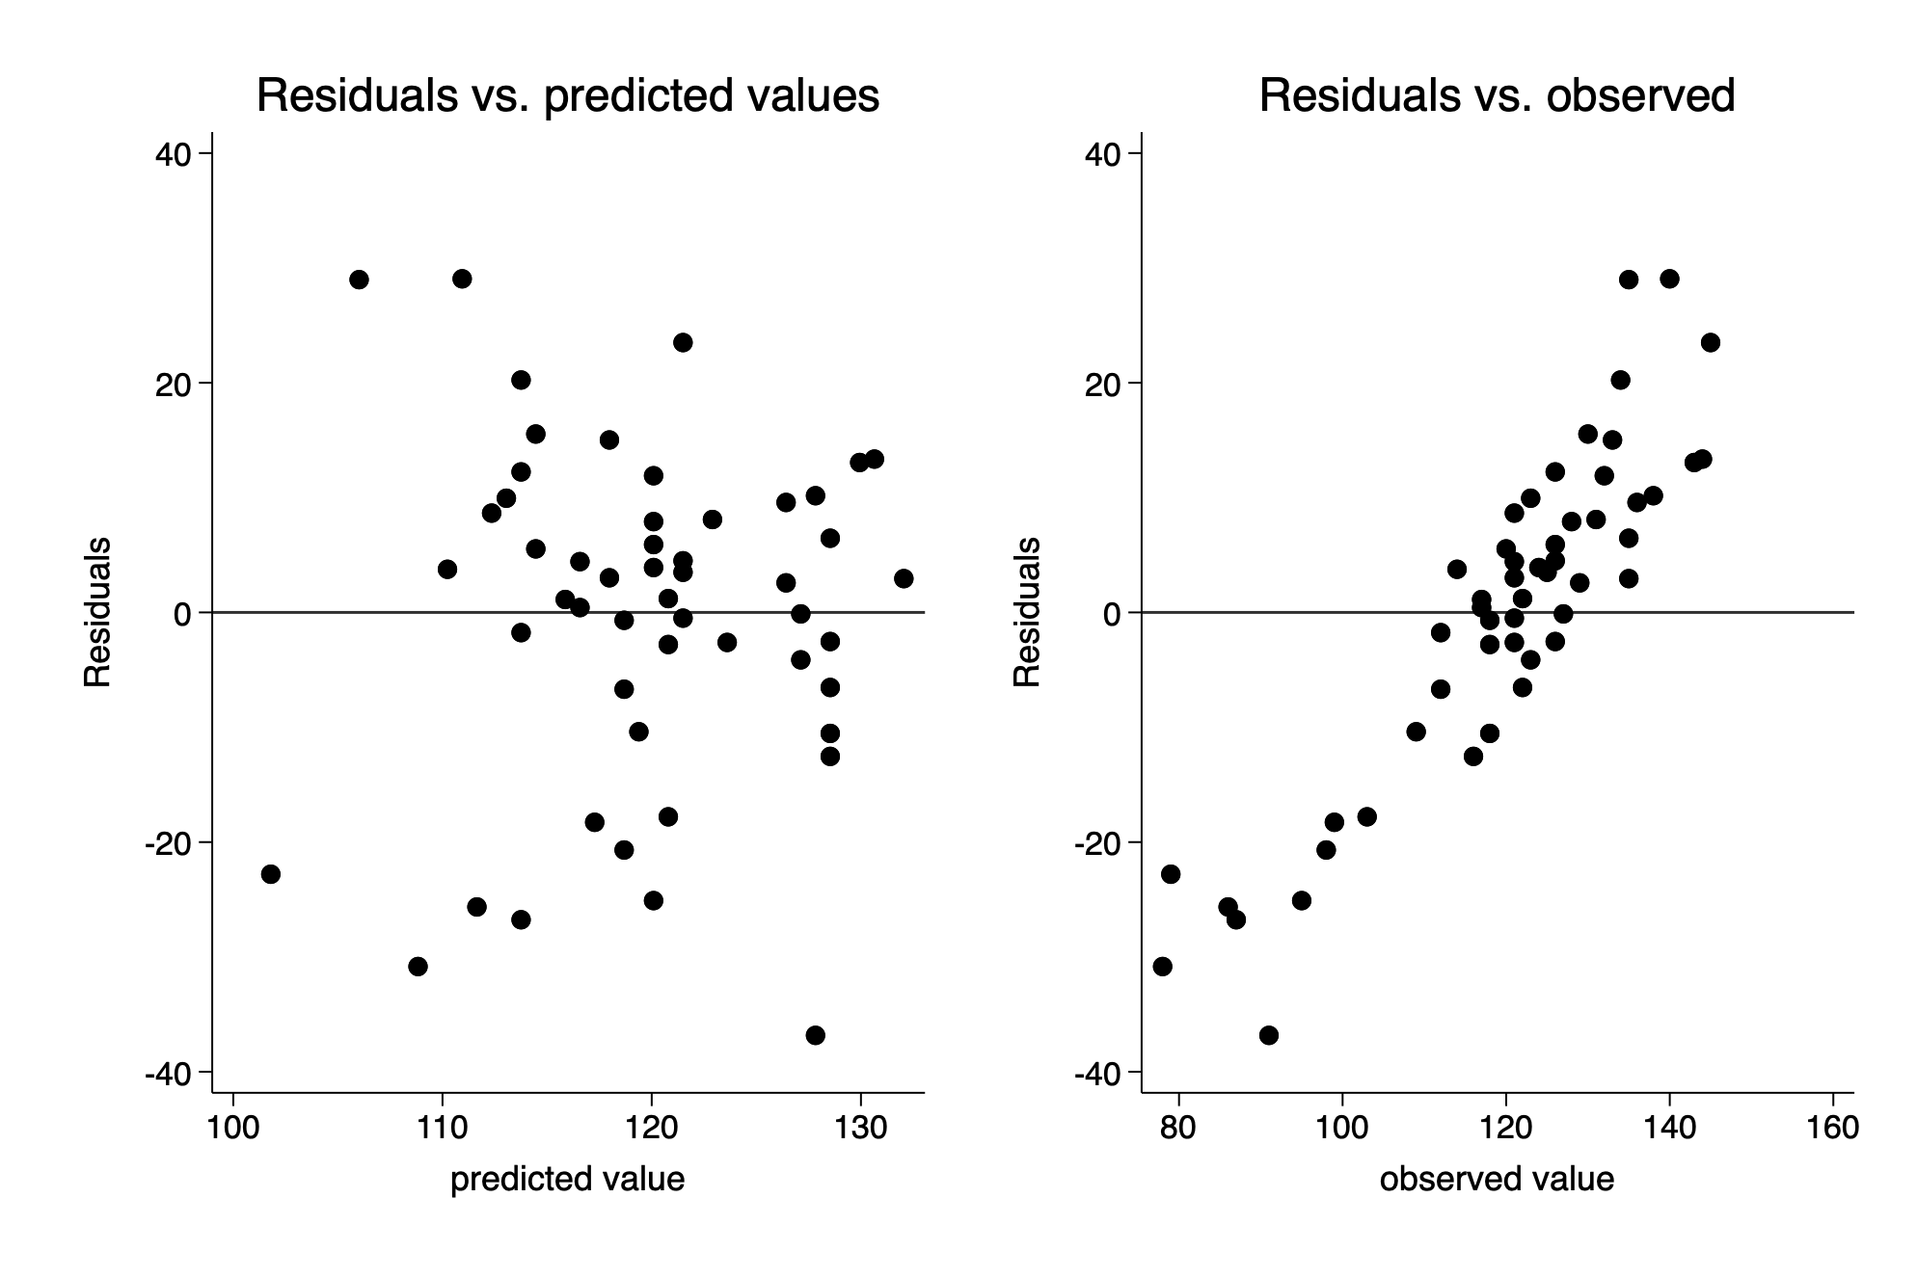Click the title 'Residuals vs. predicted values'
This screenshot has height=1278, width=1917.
pos(567,96)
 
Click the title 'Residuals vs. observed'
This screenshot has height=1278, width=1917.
pos(1497,96)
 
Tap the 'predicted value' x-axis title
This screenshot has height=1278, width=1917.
pos(567,1179)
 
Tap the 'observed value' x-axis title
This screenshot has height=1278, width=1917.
pos(1497,1179)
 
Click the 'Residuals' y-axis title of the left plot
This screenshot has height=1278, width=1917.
pos(97,612)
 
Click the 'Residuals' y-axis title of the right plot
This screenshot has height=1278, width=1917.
pos(1027,612)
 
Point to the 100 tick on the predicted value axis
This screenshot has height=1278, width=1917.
pos(232,1127)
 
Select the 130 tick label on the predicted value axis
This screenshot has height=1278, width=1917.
pos(860,1127)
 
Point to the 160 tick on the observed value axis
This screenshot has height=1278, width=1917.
pos(1832,1127)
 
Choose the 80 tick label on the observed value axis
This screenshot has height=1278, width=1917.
pos(1178,1127)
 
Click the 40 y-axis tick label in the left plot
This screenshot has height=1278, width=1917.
pos(175,154)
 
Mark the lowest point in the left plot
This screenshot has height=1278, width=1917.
pos(815,1035)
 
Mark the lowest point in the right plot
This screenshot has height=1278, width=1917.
pos(1269,1035)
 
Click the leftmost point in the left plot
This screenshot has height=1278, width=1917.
pos(271,874)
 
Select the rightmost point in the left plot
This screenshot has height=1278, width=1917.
pos(904,578)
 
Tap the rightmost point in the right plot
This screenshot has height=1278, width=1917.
pos(1711,342)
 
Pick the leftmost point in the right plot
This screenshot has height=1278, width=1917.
pos(1163,967)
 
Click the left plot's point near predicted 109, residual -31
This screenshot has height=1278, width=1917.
pos(418,967)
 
